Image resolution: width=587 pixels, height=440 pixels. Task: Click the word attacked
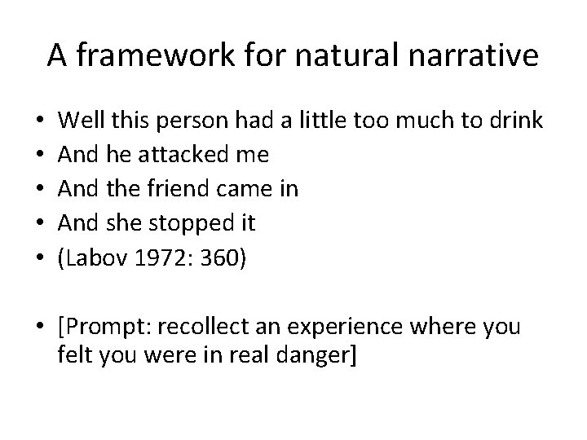(x=186, y=156)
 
